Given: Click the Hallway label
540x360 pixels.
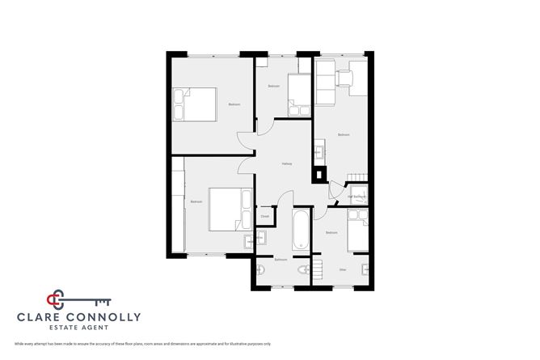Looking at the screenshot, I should pyautogui.click(x=286, y=164).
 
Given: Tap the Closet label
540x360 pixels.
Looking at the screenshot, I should pyautogui.click(x=265, y=217).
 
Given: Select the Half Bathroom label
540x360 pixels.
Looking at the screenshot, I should pyautogui.click(x=356, y=197).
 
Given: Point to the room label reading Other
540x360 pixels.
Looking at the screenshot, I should pyautogui.click(x=343, y=269).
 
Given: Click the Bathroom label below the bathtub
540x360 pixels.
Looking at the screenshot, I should pyautogui.click(x=281, y=260).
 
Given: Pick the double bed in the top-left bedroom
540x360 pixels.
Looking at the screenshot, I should pyautogui.click(x=197, y=104).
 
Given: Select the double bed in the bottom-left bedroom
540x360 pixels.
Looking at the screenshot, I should pyautogui.click(x=230, y=207).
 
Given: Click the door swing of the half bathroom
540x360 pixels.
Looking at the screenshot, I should pyautogui.click(x=335, y=191).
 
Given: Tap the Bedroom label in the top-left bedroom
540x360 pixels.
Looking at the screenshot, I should pyautogui.click(x=234, y=104).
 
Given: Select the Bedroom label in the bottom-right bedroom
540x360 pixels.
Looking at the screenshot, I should pyautogui.click(x=331, y=232).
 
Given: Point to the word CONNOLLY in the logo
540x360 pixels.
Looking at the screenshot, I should pyautogui.click(x=106, y=318).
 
